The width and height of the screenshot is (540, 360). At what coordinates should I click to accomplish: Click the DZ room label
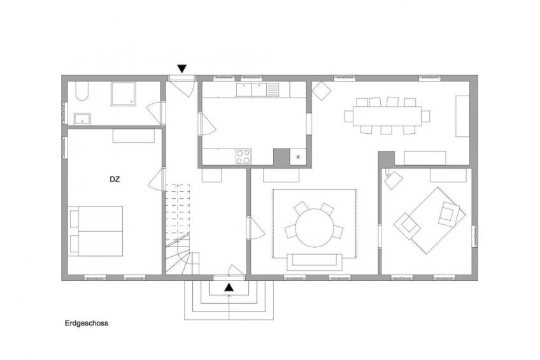tap(115, 180)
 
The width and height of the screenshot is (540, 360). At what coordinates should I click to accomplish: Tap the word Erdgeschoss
tap(87, 323)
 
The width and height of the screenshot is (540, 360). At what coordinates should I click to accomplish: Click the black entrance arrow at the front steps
tap(229, 287)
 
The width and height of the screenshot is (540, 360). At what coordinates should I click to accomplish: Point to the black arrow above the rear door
tap(182, 69)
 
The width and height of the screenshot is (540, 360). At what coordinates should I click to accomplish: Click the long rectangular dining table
tap(387, 117)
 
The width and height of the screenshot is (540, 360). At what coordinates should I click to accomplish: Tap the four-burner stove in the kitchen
tap(243, 156)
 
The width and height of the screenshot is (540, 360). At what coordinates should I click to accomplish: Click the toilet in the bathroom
tap(82, 91)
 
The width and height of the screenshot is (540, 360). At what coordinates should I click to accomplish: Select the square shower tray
tap(124, 94)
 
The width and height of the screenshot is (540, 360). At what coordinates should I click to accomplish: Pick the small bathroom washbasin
tap(82, 119)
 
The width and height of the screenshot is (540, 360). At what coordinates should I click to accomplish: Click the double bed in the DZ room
tap(96, 231)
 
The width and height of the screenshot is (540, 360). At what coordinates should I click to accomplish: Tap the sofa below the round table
tap(315, 262)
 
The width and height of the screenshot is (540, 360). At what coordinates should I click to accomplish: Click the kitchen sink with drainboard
tap(258, 90)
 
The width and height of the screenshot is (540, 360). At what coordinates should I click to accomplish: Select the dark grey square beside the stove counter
tap(281, 157)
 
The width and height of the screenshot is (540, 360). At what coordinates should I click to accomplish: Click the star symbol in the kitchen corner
tap(298, 157)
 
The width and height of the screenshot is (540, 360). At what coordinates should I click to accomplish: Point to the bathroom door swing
tap(153, 112)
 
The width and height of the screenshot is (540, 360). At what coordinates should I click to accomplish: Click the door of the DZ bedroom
tap(155, 179)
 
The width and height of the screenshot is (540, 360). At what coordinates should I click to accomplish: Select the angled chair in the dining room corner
tap(322, 91)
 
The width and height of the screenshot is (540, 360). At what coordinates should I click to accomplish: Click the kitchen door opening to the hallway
tap(208, 124)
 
